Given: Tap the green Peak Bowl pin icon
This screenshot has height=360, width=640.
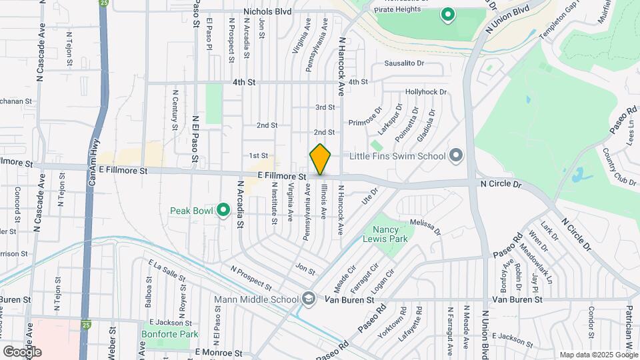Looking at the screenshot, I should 223,211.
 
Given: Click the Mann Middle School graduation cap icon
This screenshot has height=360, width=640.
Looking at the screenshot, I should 307,299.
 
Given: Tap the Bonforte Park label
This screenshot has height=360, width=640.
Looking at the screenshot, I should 160,334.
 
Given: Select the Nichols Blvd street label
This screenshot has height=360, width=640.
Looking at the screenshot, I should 267,11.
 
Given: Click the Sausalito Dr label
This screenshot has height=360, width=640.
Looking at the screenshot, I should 404,63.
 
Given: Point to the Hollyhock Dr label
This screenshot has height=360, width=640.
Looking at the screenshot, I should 425,92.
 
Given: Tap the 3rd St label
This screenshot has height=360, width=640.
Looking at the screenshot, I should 325,107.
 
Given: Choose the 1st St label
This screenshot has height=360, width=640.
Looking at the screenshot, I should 259,155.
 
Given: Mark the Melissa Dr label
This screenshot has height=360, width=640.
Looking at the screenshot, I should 425,227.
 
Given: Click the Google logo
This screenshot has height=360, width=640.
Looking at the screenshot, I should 22,351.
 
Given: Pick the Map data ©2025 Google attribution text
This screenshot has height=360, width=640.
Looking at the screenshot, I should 598,355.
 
